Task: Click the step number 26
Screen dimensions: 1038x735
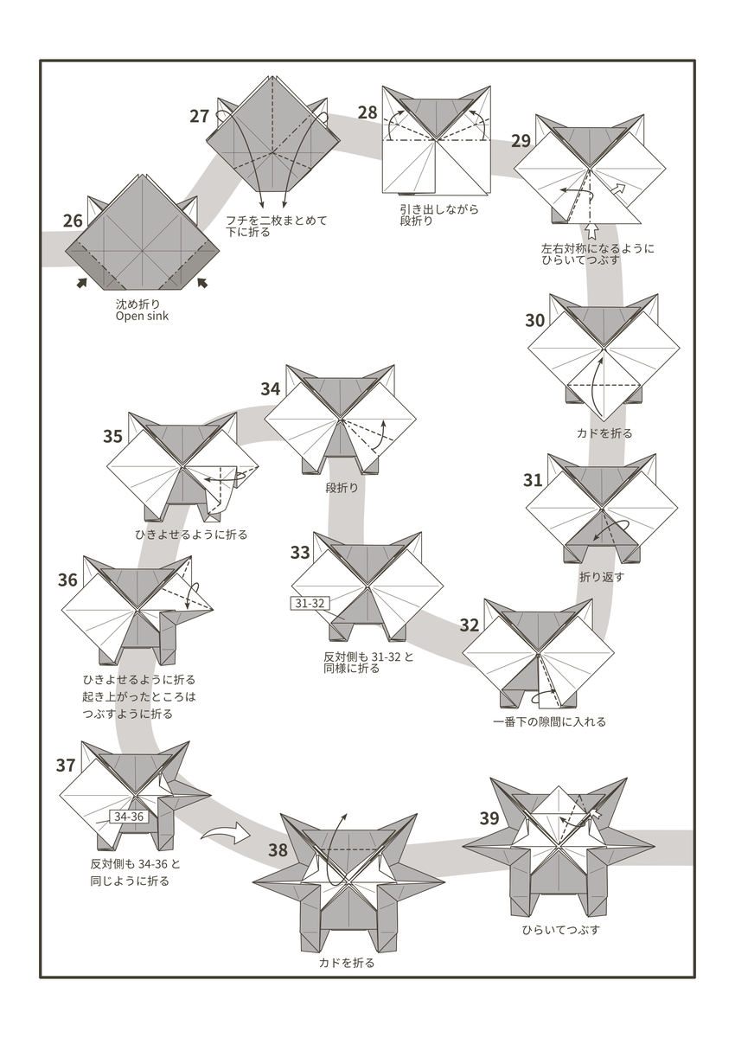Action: [x=73, y=221]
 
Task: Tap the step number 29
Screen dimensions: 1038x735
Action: [x=522, y=141]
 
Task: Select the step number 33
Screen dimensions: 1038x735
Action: [x=300, y=552]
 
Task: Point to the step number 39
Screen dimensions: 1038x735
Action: [x=489, y=818]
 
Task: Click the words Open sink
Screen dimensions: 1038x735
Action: [x=143, y=317]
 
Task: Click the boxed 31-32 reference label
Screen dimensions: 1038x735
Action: [x=309, y=603]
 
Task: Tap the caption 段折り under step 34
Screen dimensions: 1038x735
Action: [x=342, y=488]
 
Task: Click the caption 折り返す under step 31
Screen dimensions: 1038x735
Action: [x=601, y=577]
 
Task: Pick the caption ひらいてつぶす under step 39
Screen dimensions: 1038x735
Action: [x=560, y=931]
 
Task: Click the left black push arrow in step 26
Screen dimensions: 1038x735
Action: [x=81, y=282]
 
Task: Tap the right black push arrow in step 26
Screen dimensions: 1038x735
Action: [x=202, y=282]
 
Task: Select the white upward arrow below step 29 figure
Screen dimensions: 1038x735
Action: [x=592, y=230]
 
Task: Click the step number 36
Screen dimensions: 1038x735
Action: [x=68, y=580]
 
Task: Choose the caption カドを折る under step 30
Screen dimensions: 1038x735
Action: [x=604, y=433]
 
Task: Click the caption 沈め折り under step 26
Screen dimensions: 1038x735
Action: [x=137, y=304]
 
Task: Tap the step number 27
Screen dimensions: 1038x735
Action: [x=200, y=116]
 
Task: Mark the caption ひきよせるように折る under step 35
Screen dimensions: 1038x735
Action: [x=191, y=535]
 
